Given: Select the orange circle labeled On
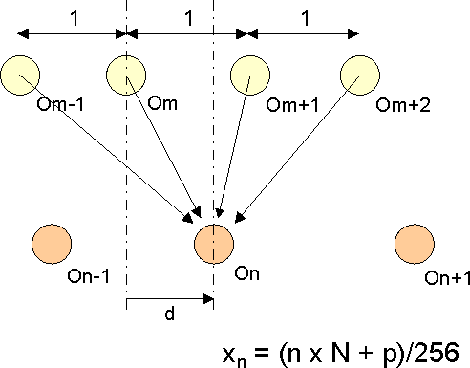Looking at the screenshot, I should [212, 243].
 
